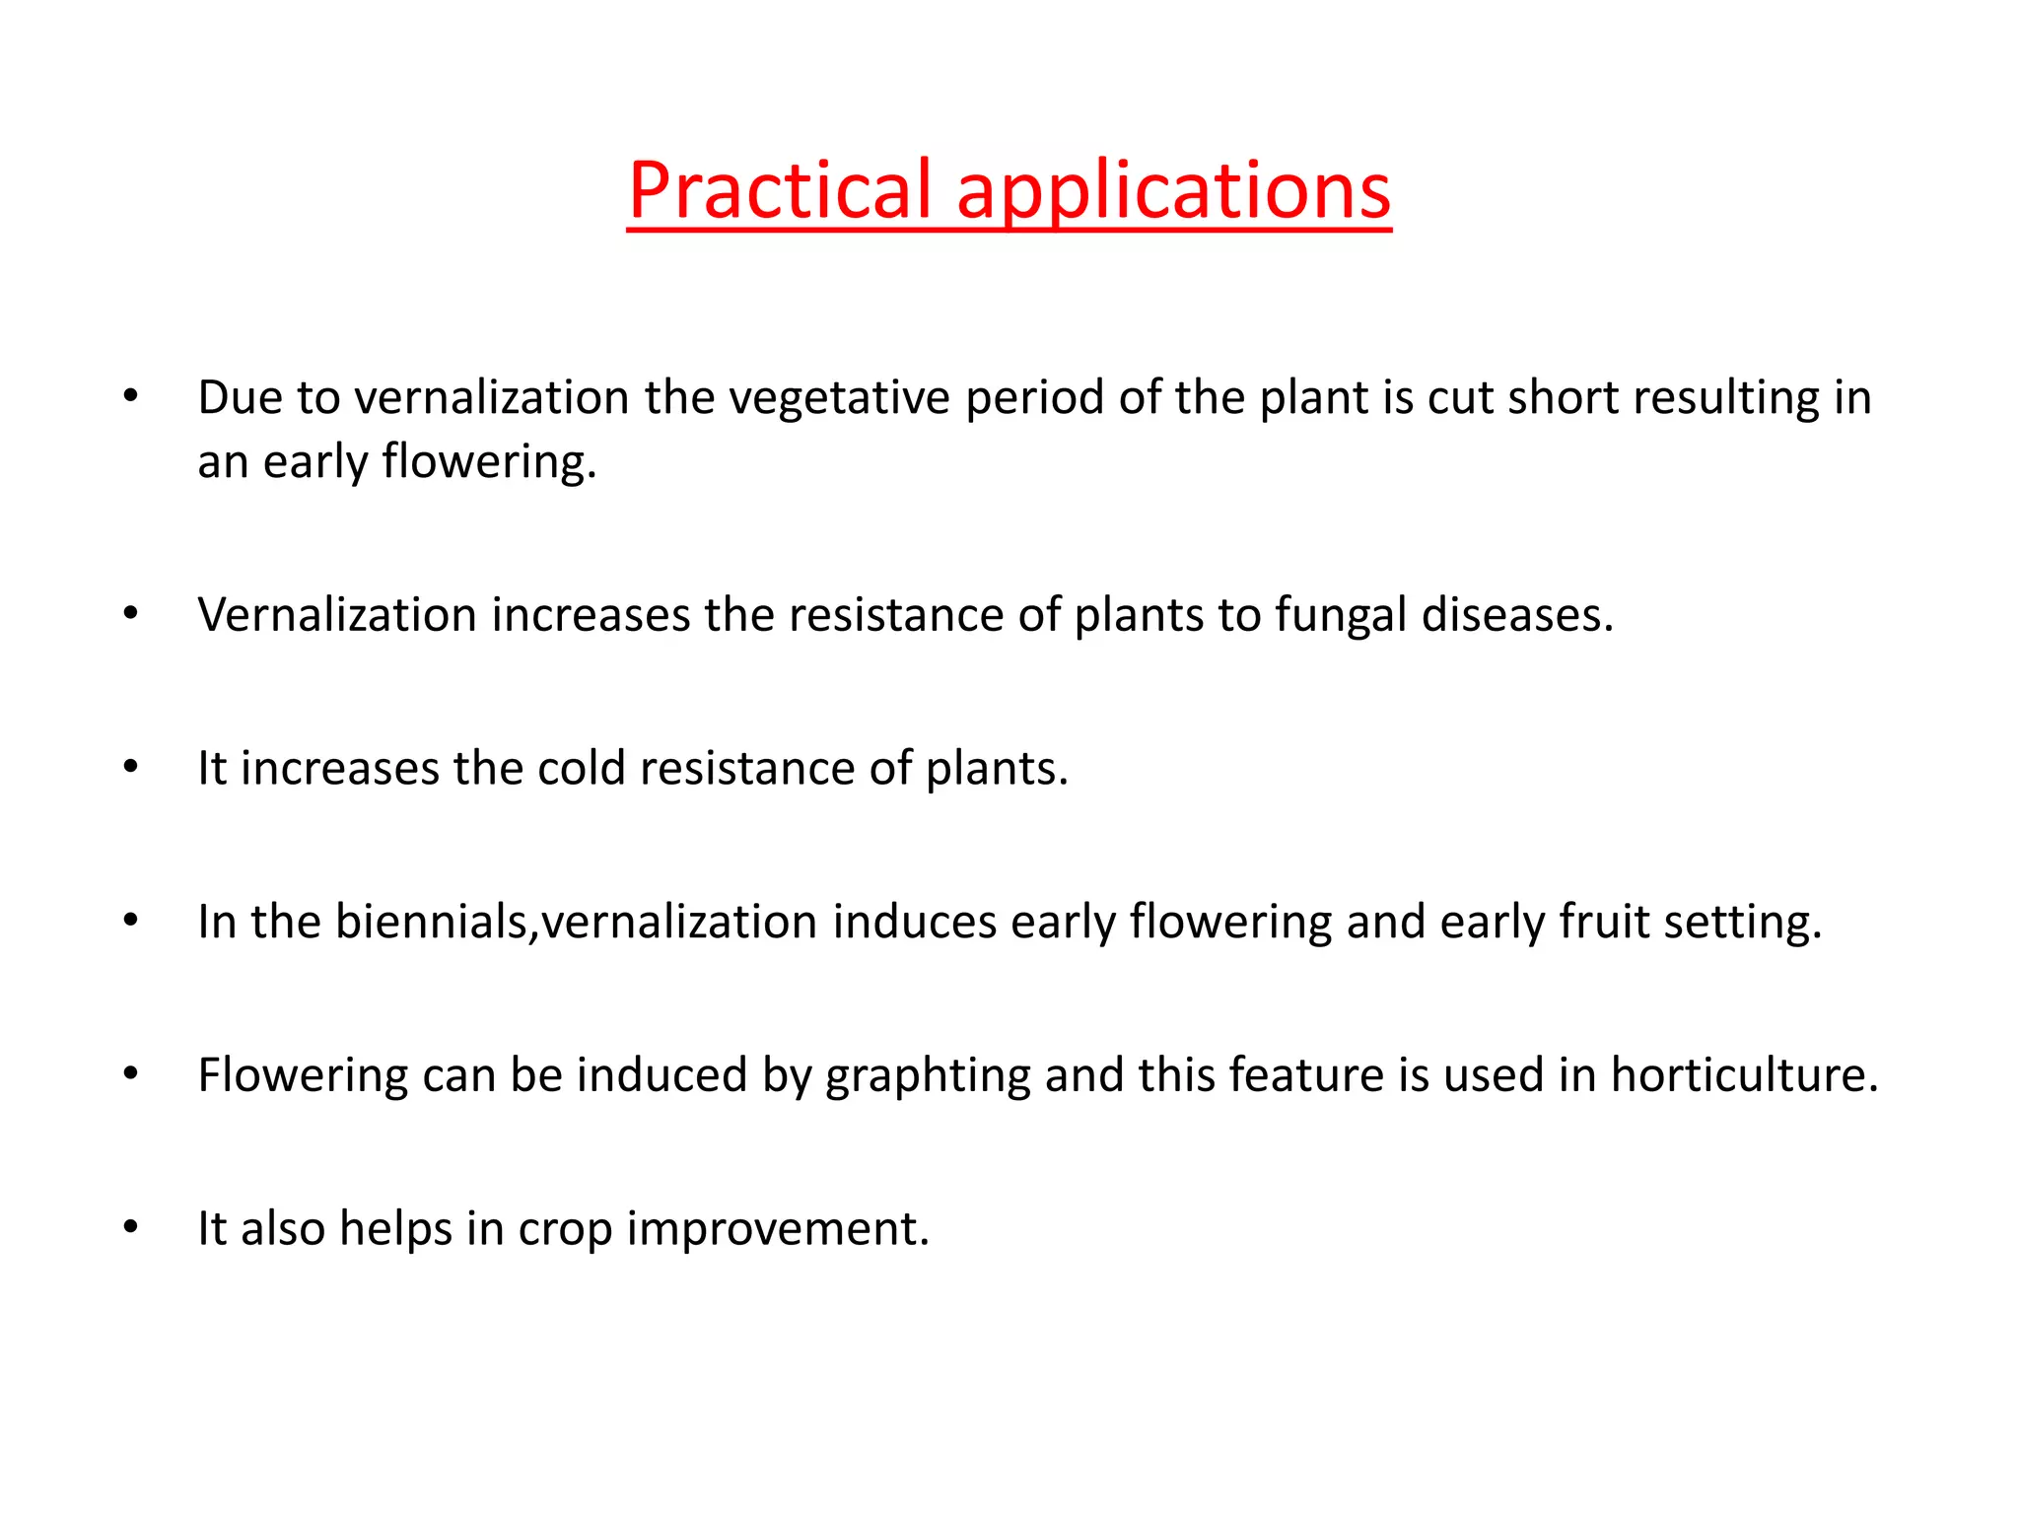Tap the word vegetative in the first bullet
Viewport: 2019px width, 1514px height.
pos(839,398)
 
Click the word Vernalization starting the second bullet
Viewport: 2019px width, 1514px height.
pos(337,615)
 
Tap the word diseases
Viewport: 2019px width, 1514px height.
pos(1517,615)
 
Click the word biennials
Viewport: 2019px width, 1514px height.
pos(435,922)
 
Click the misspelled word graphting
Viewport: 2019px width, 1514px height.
pos(928,1076)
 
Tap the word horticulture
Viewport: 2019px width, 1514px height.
pos(1744,1074)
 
